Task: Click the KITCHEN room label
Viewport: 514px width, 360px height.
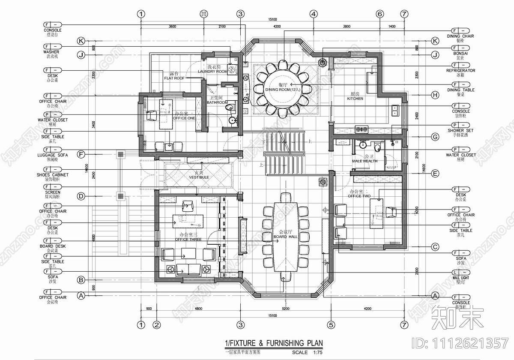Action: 355,99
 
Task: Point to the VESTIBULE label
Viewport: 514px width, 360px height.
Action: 199,177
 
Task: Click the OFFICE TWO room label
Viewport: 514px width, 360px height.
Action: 360,195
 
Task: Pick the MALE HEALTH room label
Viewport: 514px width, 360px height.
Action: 365,161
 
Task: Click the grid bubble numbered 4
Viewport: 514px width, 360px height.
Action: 314,14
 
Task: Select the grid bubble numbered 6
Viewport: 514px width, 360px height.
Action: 380,14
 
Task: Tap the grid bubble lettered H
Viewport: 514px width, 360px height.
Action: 435,95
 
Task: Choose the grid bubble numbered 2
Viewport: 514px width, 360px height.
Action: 157,325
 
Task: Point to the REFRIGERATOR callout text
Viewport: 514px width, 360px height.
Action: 460,71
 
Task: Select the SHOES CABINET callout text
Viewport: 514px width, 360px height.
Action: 53,175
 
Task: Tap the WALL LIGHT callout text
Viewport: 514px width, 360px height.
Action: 461,278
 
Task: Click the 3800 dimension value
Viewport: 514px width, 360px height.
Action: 347,27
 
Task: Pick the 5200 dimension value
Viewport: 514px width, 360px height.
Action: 285,309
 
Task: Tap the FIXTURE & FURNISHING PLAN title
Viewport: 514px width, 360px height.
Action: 274,343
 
